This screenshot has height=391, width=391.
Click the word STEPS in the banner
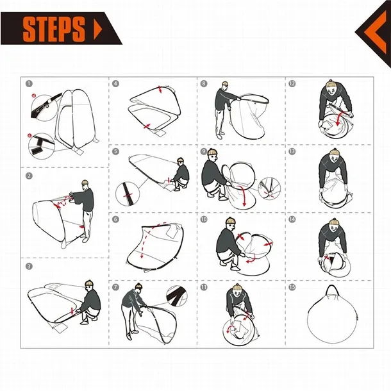54,29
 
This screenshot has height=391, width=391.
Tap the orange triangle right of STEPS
98,29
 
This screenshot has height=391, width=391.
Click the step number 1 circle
29,83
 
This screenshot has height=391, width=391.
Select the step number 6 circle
115,219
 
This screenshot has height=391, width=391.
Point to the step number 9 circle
204,151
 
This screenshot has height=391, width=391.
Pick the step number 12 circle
292,83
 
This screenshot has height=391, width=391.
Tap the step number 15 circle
292,287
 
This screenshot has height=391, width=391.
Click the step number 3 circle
29,266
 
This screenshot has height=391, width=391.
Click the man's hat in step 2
85,182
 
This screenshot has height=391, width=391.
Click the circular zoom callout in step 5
128,194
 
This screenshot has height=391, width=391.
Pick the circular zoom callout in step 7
177,295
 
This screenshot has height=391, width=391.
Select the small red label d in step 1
34,96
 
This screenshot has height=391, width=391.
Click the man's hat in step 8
225,83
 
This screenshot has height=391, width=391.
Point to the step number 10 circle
204,219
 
